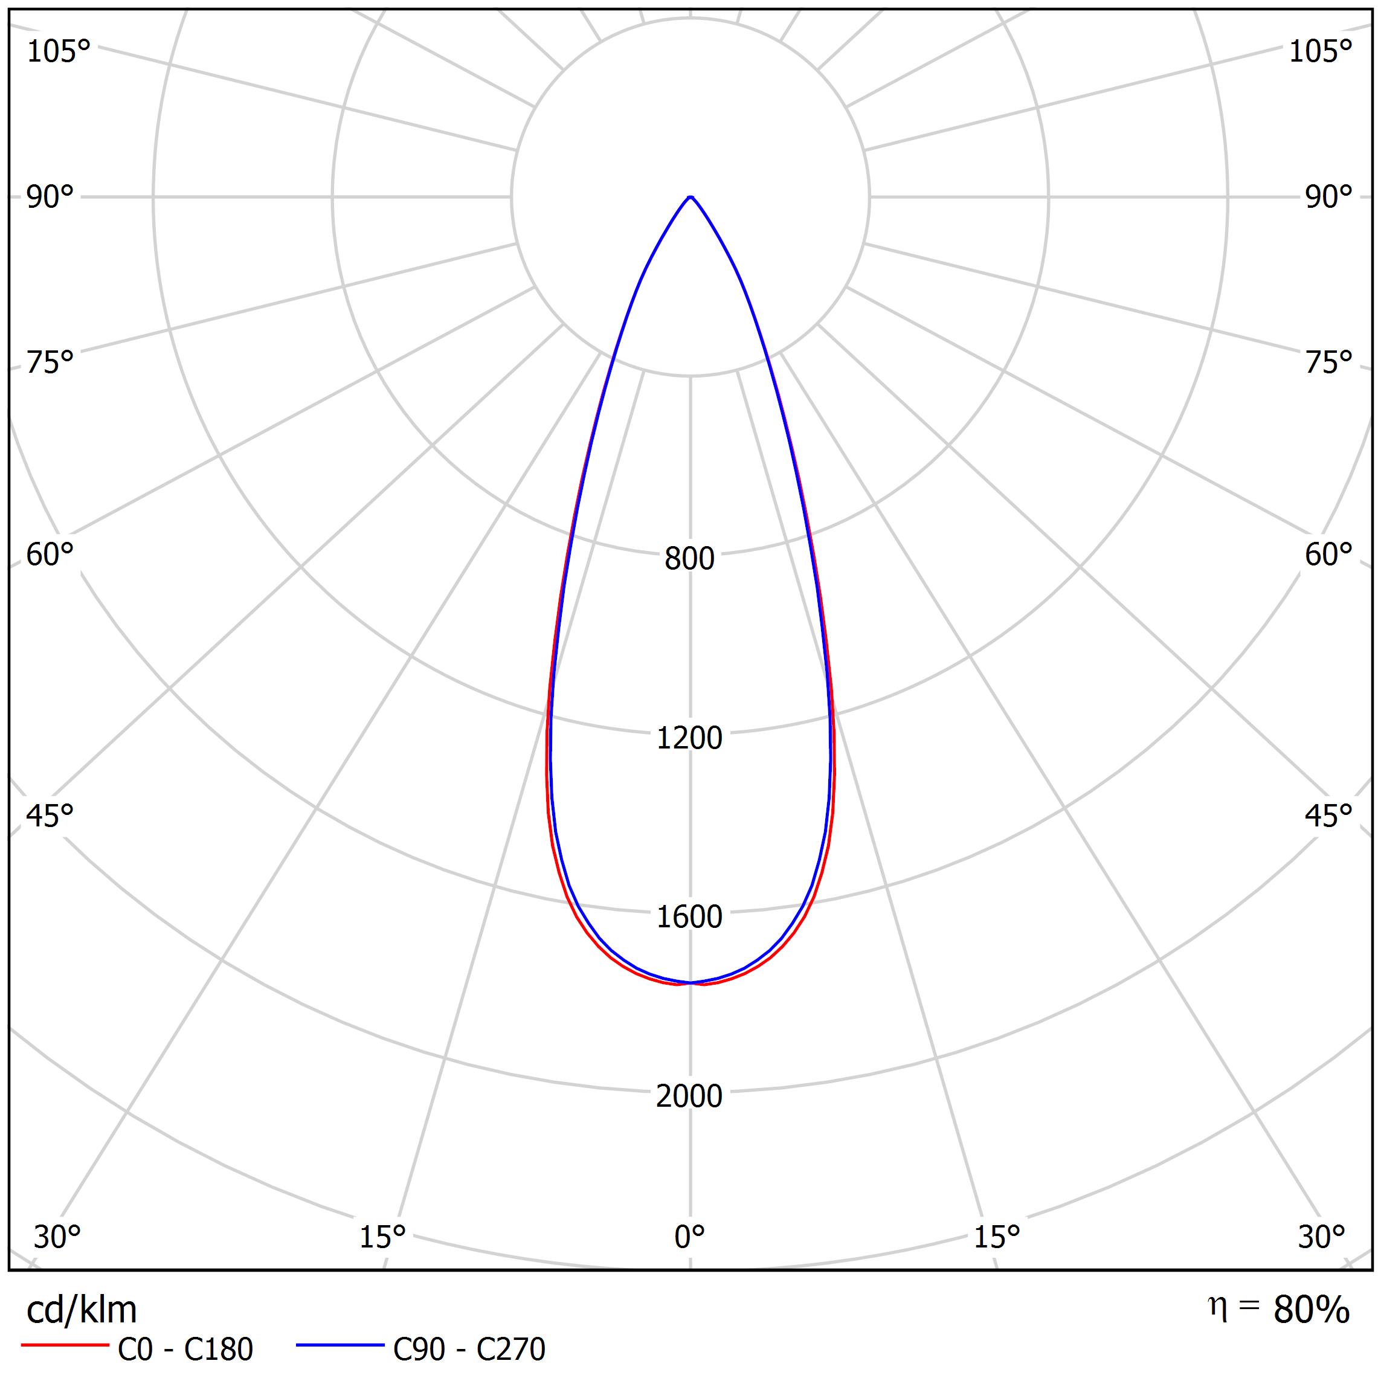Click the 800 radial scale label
coord(689,559)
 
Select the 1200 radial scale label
coord(689,738)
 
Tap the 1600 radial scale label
coord(689,917)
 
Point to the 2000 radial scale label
coord(689,1096)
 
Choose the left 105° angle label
coord(59,51)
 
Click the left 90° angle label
coord(50,198)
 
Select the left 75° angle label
coord(50,363)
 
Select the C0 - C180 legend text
coord(185,1350)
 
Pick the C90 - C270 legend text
coord(469,1350)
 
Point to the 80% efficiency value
coord(1311,1310)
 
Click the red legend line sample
coord(64,1345)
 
